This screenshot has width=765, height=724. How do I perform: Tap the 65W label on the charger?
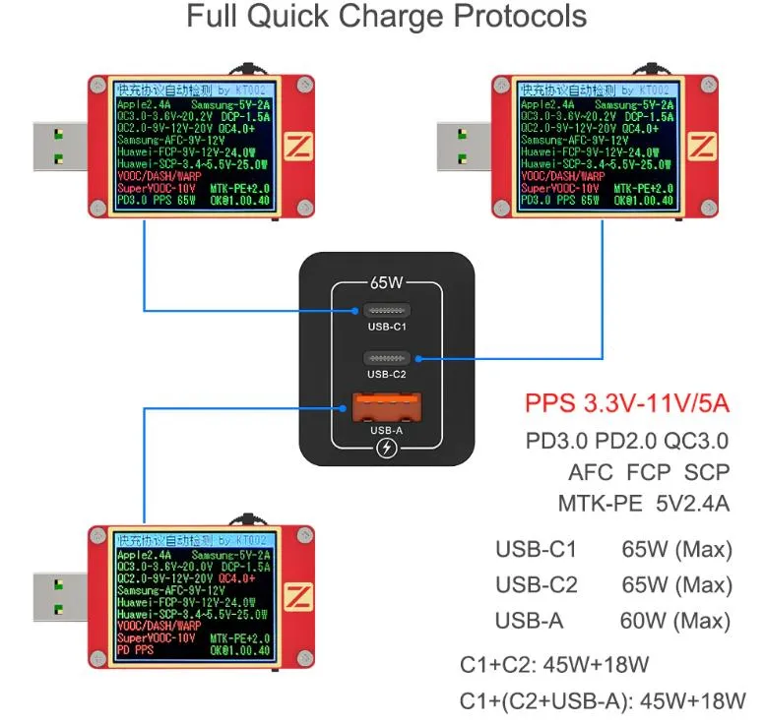pyautogui.click(x=387, y=282)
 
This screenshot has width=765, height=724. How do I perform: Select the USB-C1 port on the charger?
pyautogui.click(x=387, y=310)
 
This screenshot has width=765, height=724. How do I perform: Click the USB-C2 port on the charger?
pyautogui.click(x=387, y=357)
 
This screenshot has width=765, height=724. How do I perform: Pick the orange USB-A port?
pyautogui.click(x=387, y=406)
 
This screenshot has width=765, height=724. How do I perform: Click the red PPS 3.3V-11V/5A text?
pyautogui.click(x=628, y=403)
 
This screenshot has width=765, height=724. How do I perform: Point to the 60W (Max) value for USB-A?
pyautogui.click(x=676, y=621)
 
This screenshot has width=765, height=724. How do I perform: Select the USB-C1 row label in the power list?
pyautogui.click(x=536, y=549)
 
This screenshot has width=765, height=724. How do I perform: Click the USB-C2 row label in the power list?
pyautogui.click(x=536, y=585)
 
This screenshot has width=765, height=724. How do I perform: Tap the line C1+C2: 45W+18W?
pyautogui.click(x=554, y=664)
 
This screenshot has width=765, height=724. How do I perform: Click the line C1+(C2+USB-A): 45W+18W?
pyautogui.click(x=603, y=700)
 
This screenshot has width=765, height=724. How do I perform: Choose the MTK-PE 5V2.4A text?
pyautogui.click(x=643, y=504)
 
